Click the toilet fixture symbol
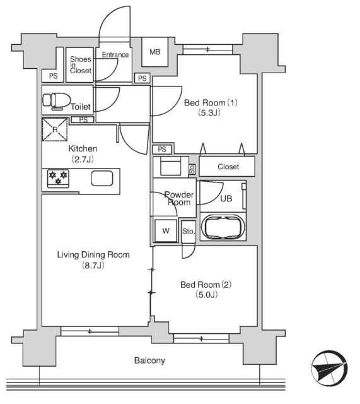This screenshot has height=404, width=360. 57,101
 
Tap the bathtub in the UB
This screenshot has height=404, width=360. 223,227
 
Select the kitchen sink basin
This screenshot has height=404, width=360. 102,178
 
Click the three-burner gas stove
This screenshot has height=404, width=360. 58,178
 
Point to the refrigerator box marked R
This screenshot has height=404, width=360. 55,129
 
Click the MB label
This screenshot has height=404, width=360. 155,52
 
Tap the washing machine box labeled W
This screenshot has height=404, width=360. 166,230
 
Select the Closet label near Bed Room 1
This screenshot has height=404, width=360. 228,167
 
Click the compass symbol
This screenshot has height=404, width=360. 329,368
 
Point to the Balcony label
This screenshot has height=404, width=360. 149,360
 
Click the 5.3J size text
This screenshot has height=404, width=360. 209,112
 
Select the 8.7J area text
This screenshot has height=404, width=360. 93,265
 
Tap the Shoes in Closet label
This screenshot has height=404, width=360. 81,65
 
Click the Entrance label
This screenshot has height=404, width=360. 115,55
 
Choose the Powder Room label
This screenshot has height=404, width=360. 179,198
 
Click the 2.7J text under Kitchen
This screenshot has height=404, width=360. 83,159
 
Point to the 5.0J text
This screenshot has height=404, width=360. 207,294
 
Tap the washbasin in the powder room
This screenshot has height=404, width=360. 170,167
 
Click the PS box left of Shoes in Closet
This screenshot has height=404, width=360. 53,76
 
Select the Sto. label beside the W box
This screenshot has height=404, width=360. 189,232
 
